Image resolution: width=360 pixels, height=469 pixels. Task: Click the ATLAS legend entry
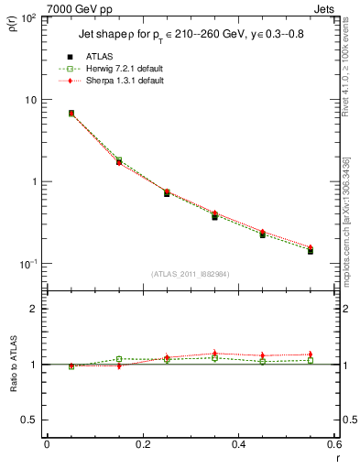(x=98, y=57)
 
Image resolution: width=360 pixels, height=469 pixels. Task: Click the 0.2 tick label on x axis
(x=142, y=445)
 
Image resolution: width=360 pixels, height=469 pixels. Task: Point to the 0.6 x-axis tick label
(x=333, y=445)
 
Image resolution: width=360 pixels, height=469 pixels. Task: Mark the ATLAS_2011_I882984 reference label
(x=190, y=273)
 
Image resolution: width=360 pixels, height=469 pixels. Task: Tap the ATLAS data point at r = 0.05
(x=71, y=114)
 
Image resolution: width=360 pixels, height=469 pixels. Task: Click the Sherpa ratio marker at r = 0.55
(x=311, y=354)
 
